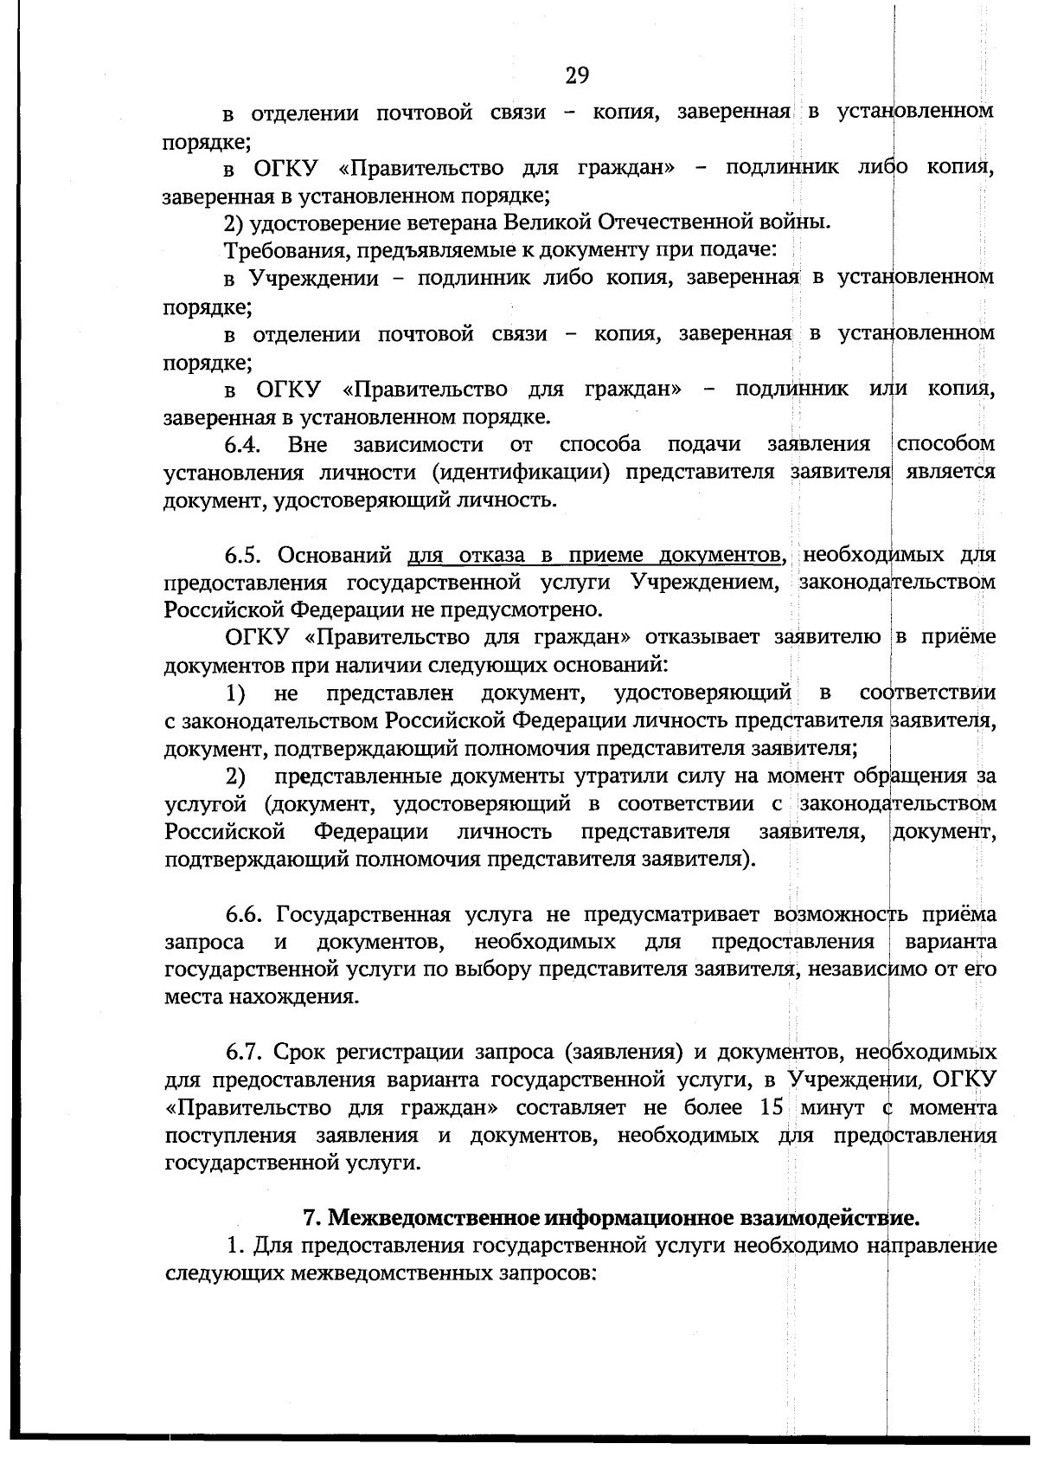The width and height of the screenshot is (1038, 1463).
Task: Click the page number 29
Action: click(x=577, y=76)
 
